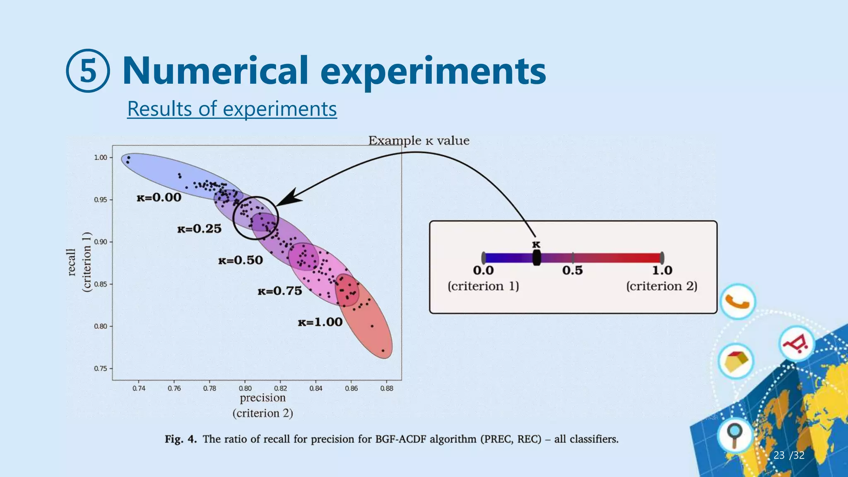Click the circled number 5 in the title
point(88,71)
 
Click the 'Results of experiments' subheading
point(232,109)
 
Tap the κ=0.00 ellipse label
point(159,198)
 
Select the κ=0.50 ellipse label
point(241,260)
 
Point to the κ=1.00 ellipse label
point(320,322)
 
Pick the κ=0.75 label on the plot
point(280,291)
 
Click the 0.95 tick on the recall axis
point(101,200)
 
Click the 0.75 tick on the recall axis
point(101,369)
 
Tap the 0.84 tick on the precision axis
point(316,388)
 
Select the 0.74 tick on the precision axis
point(139,388)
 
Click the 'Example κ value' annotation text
point(419,141)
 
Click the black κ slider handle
point(537,258)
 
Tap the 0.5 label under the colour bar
point(572,271)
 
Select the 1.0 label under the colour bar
point(662,271)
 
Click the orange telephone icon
point(737,302)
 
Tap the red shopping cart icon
point(797,344)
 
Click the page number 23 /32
point(788,455)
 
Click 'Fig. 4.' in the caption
point(181,439)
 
